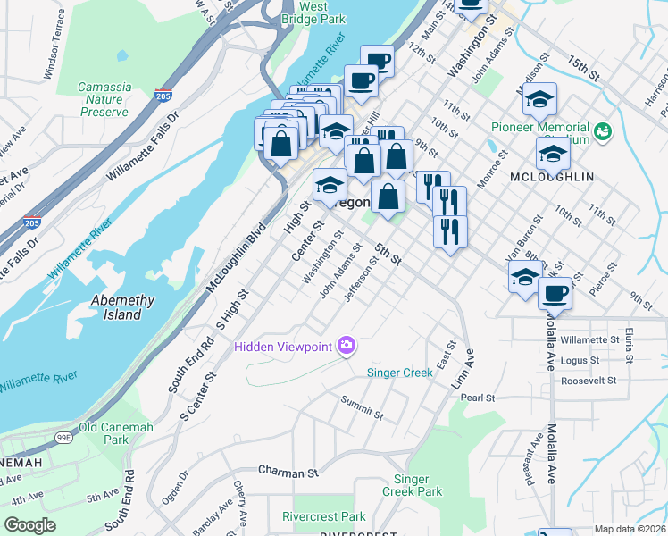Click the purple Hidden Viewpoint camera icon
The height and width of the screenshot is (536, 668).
tap(347, 346)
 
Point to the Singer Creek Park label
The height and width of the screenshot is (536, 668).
tap(412, 485)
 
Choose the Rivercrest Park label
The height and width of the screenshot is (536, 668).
tap(323, 516)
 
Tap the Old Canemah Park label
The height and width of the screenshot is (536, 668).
tap(116, 433)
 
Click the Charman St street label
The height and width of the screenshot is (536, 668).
tap(288, 470)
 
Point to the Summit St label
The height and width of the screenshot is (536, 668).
tap(362, 409)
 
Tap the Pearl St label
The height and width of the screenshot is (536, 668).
tap(478, 397)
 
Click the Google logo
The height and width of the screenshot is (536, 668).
tap(29, 525)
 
